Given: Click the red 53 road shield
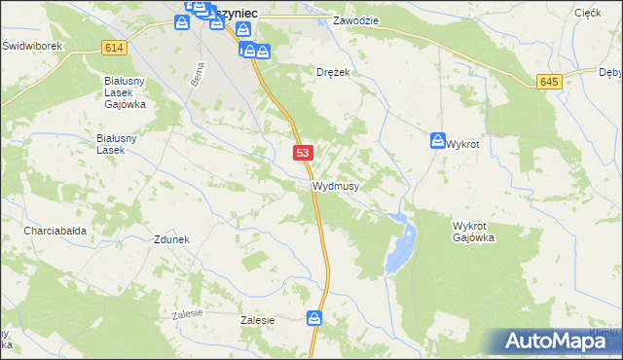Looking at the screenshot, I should [x=304, y=153].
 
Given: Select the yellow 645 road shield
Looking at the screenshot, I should [x=550, y=82].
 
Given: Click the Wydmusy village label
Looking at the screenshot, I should [x=336, y=185].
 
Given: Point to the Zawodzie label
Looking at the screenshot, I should [x=354, y=19].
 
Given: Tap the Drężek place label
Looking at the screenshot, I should [x=333, y=72].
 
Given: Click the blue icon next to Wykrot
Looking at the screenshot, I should [x=438, y=141].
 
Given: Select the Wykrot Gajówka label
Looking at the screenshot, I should [x=474, y=232].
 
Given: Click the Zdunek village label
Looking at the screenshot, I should [x=170, y=239].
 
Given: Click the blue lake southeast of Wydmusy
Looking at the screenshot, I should [x=401, y=243].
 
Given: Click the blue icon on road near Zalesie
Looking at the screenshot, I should [x=314, y=318].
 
